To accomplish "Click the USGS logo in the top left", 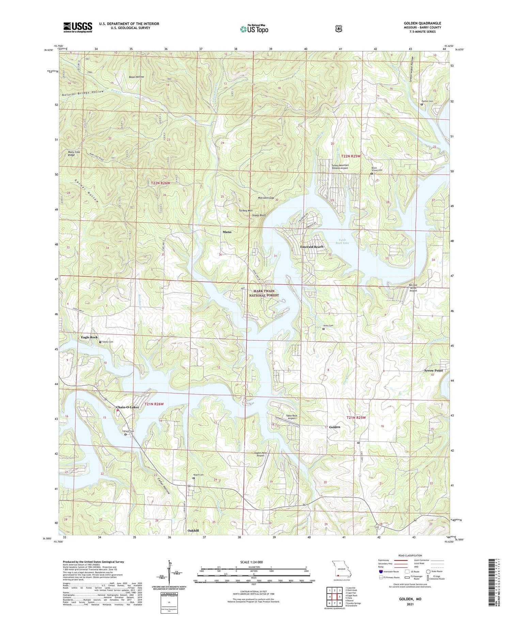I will point(78,27).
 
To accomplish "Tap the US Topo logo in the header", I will point(254,29).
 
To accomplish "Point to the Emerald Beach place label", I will point(311,247).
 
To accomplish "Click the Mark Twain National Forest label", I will point(264,293).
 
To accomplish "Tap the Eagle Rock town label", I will point(89,337).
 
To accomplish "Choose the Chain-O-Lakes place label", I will point(127,407).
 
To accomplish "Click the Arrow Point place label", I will point(433,370).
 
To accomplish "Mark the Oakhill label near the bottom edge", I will point(193,531).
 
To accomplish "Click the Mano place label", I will point(227,232).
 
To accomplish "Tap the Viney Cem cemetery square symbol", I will point(323,329).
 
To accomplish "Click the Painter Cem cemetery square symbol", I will point(421,104).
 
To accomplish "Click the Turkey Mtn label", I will point(244,210).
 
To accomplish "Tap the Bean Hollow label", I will point(136,77).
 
